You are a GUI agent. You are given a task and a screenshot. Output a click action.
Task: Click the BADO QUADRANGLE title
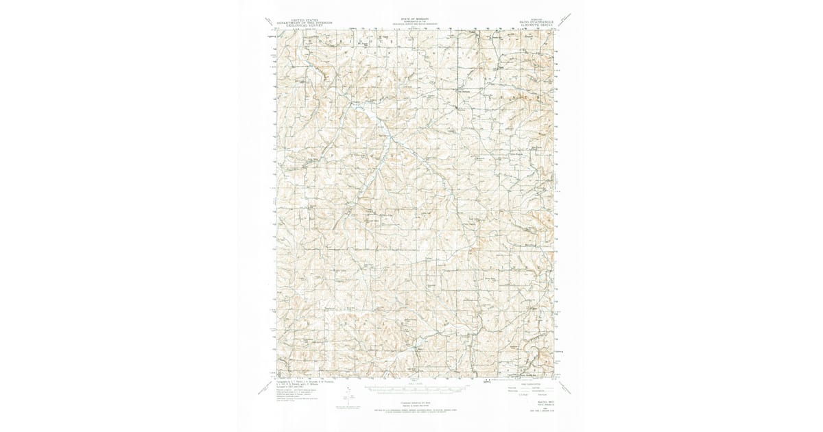pos(536,22)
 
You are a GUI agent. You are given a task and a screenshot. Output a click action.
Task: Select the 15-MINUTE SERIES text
pos(536,25)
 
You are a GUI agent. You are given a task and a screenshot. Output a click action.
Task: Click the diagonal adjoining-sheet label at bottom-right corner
pos(566,388)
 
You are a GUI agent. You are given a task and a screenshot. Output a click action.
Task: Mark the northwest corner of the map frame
pos(277,30)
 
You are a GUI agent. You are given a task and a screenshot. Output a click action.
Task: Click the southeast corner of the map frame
pos(553,376)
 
